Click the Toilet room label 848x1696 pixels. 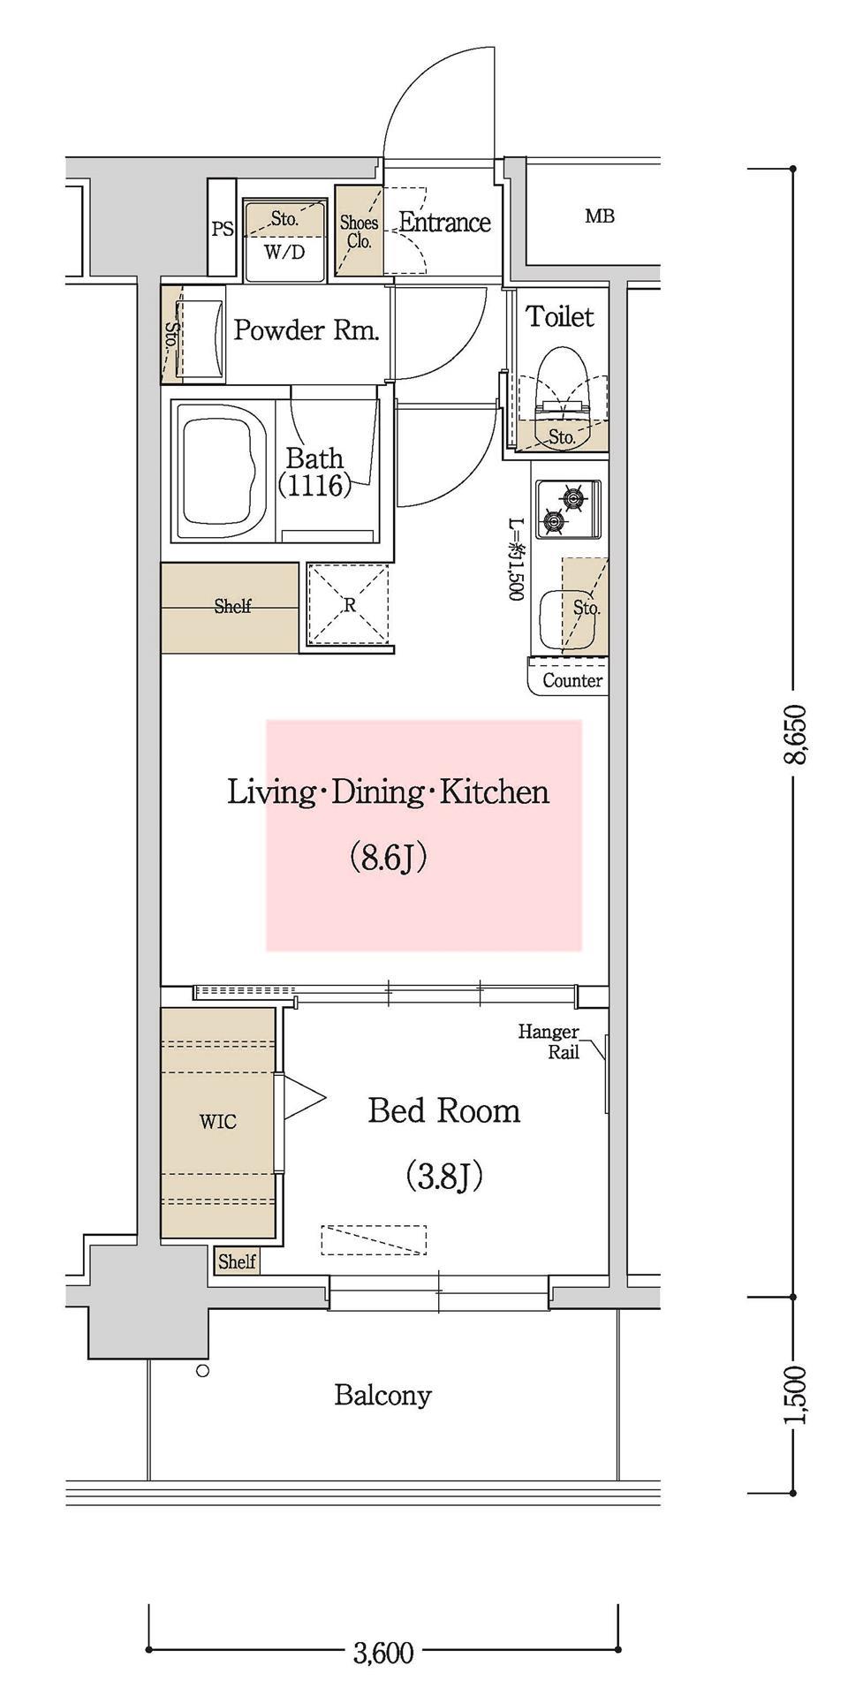560,316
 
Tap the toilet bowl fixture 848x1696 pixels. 563,397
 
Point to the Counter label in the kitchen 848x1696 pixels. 572,680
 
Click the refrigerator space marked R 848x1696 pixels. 348,605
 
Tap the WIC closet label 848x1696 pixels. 217,1122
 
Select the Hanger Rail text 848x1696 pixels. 549,1041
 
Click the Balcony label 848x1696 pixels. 382,1396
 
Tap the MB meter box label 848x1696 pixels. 600,216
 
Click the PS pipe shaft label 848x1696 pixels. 223,229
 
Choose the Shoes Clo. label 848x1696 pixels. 359,232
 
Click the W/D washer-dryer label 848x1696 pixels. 284,253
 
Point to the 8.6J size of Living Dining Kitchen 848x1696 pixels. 389,857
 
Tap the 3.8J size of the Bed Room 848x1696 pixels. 443,1176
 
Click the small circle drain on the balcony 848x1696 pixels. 202,1371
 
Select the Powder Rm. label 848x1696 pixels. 307,330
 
